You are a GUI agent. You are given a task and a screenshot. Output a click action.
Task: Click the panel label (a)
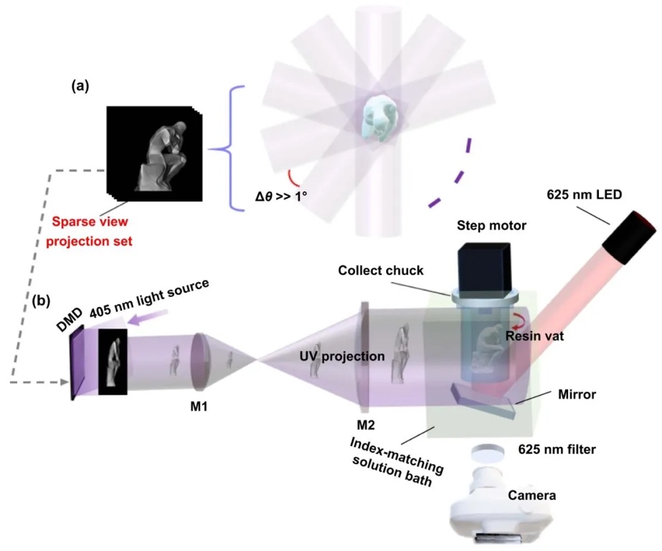pyautogui.click(x=80, y=86)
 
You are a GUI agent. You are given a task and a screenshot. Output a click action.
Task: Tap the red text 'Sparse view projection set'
pyautogui.click(x=90, y=233)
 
